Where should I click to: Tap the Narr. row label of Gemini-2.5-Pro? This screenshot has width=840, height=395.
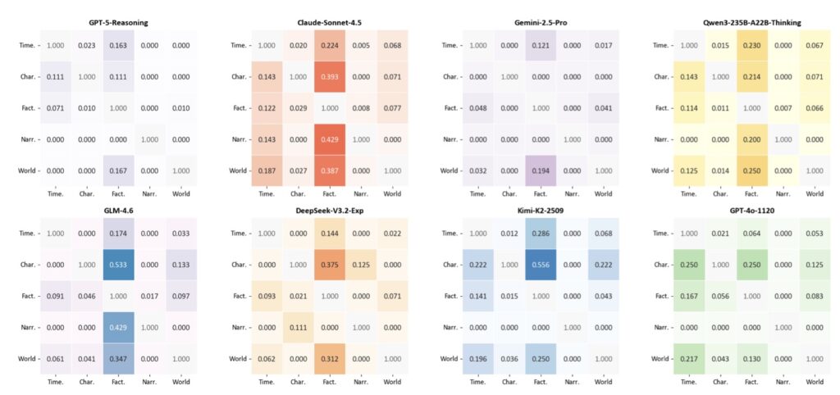tap(450, 138)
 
